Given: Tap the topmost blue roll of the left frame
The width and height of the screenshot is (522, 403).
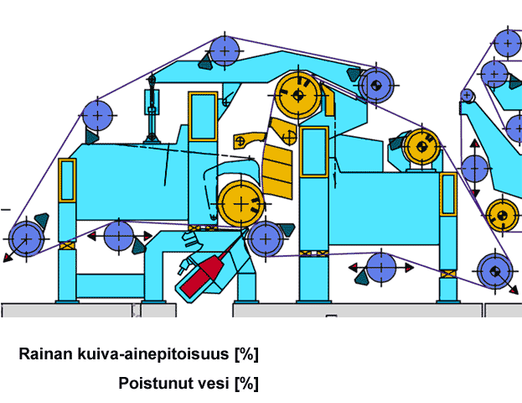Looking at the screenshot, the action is click(225, 50).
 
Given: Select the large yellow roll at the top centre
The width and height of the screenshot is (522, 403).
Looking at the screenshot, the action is click(298, 96).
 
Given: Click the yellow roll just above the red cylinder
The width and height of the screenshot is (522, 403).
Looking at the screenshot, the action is click(241, 203).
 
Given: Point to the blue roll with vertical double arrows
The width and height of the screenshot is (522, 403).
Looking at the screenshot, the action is click(475, 169).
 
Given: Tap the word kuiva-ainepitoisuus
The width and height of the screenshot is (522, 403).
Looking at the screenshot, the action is click(153, 354).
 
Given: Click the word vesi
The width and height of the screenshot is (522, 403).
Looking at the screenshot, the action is click(214, 383).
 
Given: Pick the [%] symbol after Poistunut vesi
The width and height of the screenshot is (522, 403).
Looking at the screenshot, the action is click(246, 384).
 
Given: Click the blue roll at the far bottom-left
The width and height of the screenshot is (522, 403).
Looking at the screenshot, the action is click(26, 239).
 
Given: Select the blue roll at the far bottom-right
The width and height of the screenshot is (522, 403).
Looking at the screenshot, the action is click(495, 271).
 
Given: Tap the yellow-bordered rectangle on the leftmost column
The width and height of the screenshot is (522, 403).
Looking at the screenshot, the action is click(67, 181).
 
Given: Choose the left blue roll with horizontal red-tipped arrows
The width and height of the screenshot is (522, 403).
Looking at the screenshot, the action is click(119, 236).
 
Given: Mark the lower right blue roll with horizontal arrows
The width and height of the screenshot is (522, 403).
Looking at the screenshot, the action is click(381, 268).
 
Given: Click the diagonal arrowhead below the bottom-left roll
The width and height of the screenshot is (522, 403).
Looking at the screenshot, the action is click(7, 257).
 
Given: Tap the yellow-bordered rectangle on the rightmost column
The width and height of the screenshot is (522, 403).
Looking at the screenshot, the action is click(448, 195).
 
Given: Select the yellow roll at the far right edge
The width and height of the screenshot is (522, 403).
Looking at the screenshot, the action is click(503, 216).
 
